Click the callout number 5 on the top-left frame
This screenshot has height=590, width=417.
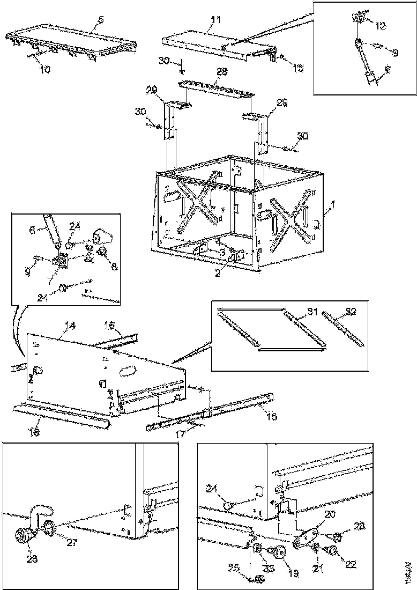[x=100, y=20]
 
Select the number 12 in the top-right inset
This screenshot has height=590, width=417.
[x=379, y=25]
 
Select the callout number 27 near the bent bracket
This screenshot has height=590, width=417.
[x=72, y=542]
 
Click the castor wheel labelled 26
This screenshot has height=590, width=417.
[x=24, y=536]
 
